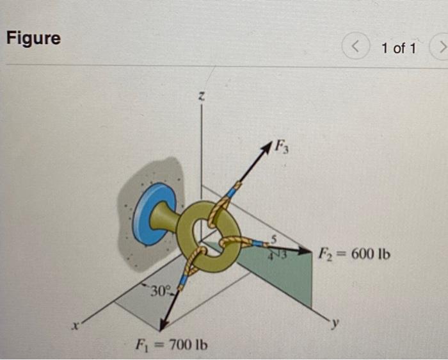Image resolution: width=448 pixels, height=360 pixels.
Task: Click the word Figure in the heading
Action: [x=33, y=38]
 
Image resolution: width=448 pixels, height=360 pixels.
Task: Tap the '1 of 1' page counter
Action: [x=398, y=48]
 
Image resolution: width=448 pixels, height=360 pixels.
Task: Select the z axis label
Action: [x=201, y=96]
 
